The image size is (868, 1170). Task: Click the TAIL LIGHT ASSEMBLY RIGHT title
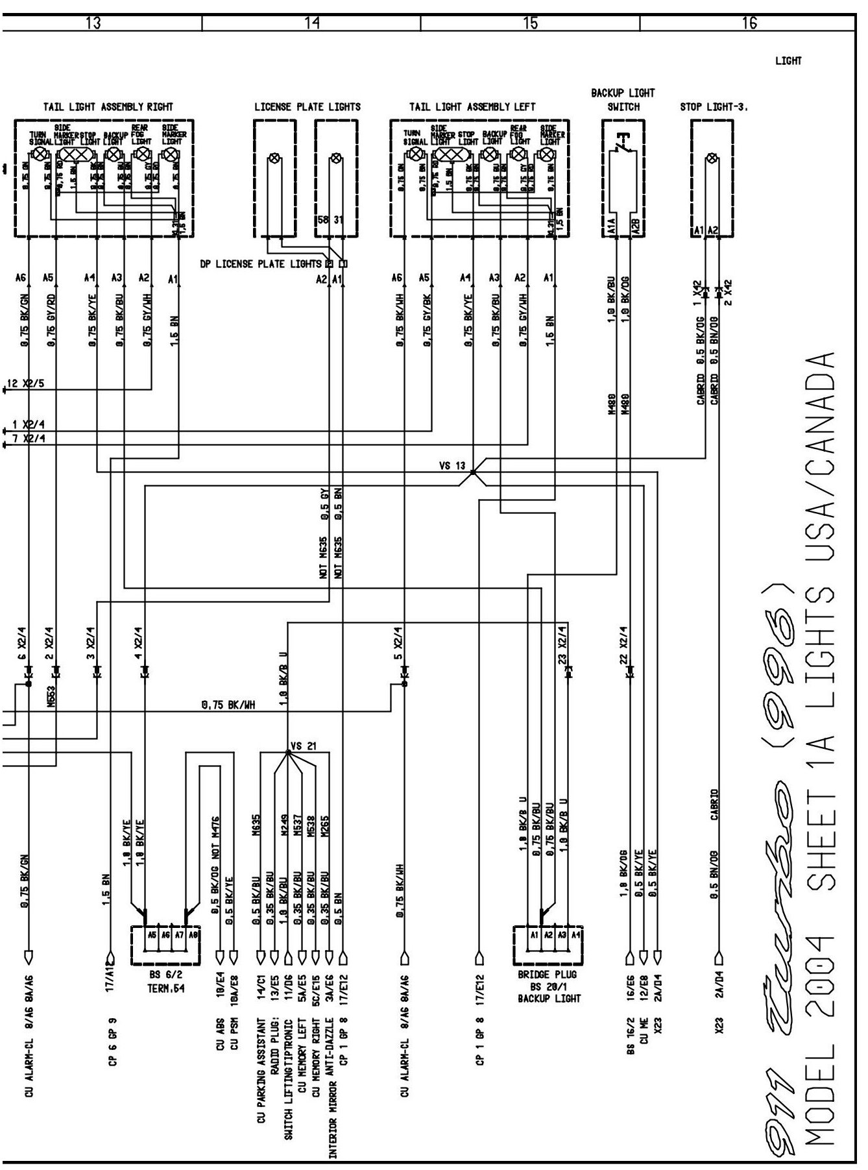click(x=108, y=106)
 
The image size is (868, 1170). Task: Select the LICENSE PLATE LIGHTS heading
click(x=307, y=106)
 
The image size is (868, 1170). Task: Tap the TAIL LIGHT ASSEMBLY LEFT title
click(x=472, y=106)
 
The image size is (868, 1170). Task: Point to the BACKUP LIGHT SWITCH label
click(x=623, y=100)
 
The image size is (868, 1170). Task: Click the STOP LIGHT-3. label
click(x=714, y=106)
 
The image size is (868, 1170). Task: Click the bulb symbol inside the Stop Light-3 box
click(x=712, y=158)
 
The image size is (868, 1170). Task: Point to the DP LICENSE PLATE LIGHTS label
click(x=261, y=263)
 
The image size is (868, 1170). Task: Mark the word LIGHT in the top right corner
click(x=788, y=61)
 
